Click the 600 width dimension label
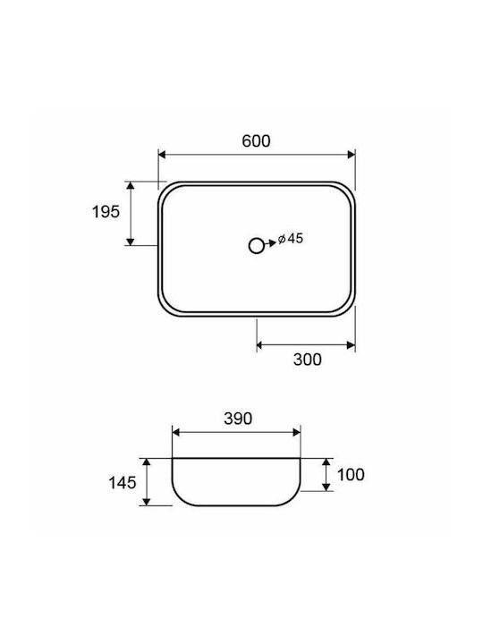coord(257,141)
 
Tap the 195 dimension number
coord(106,212)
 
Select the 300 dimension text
coord(307,360)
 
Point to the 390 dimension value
coord(238,419)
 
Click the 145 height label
coord(122,483)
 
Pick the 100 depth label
coord(351,475)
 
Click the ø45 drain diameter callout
coord(291,238)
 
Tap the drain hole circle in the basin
coord(257,246)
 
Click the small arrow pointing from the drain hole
coord(271,243)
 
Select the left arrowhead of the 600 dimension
coord(162,155)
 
